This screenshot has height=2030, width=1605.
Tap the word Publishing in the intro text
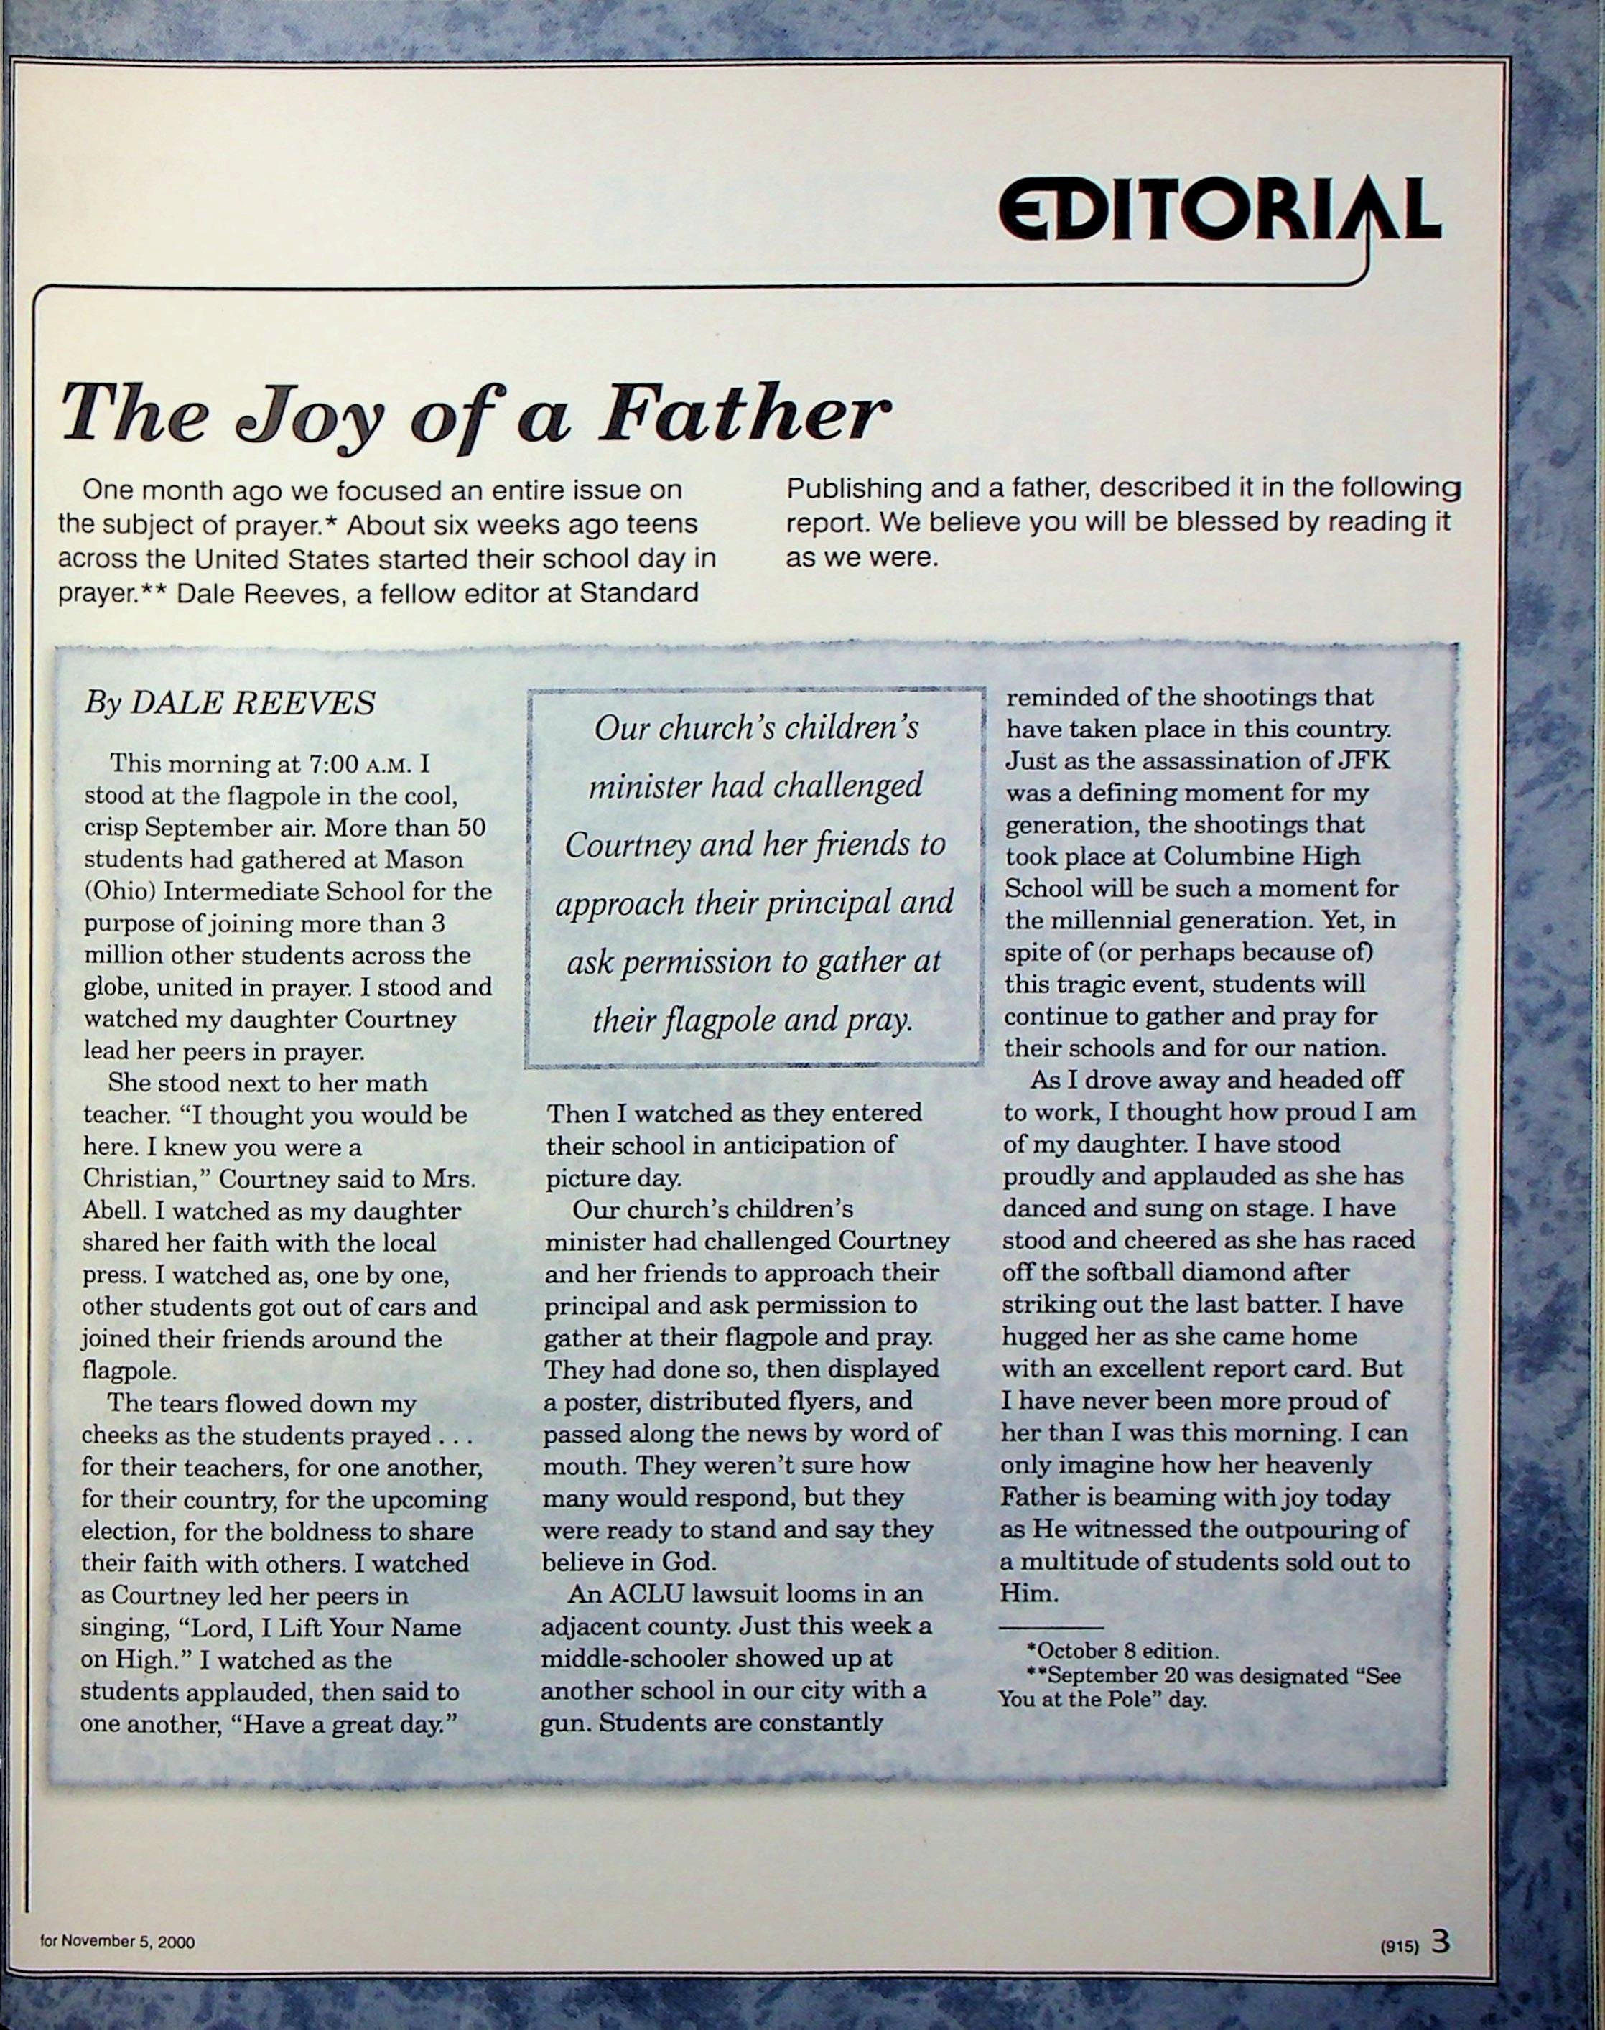click(853, 488)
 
